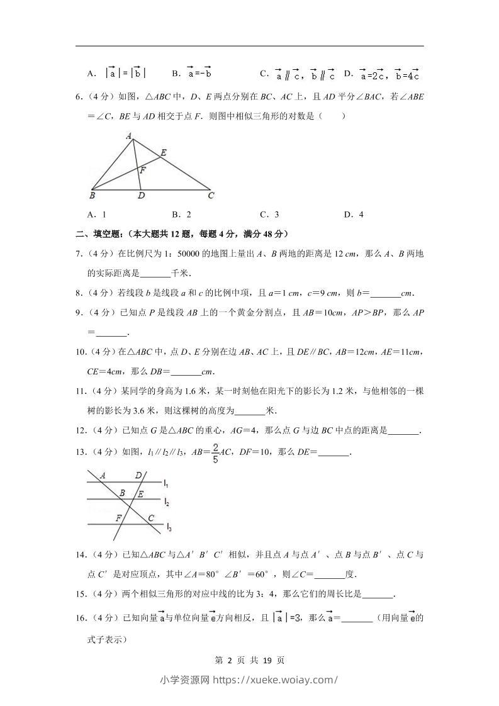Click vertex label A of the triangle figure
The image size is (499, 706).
128,135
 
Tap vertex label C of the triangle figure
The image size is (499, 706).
211,195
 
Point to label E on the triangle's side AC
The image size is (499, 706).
163,152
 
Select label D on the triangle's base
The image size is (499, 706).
142,196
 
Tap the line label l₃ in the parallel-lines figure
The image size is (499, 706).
169,527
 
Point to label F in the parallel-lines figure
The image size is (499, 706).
118,518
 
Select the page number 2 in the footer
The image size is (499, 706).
230,661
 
